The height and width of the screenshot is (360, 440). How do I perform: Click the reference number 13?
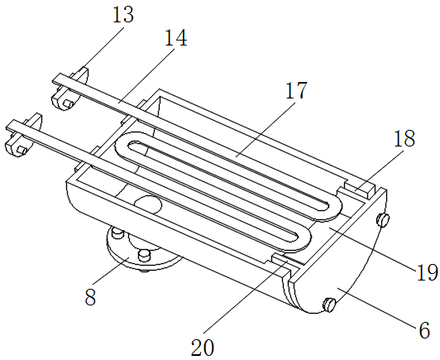[x=123, y=15]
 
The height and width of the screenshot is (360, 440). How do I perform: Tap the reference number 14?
[x=175, y=38]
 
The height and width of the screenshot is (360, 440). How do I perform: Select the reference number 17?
[x=296, y=90]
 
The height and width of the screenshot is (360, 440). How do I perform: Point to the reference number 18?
[x=404, y=138]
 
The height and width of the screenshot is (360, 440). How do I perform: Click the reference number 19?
[x=428, y=272]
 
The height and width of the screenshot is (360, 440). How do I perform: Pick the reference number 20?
[x=203, y=348]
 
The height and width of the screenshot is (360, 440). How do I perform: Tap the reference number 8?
[x=90, y=297]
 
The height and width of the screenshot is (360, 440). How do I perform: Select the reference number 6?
[x=424, y=330]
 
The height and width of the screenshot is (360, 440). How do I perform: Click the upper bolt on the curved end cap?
[x=383, y=219]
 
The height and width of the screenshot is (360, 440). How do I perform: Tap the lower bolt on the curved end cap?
[x=329, y=305]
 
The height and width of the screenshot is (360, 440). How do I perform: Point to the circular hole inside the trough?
[x=148, y=204]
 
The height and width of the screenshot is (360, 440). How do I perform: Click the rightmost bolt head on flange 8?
[x=145, y=255]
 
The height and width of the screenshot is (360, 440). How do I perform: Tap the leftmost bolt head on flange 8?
[x=117, y=233]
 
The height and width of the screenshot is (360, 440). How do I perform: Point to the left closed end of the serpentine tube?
[x=123, y=145]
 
